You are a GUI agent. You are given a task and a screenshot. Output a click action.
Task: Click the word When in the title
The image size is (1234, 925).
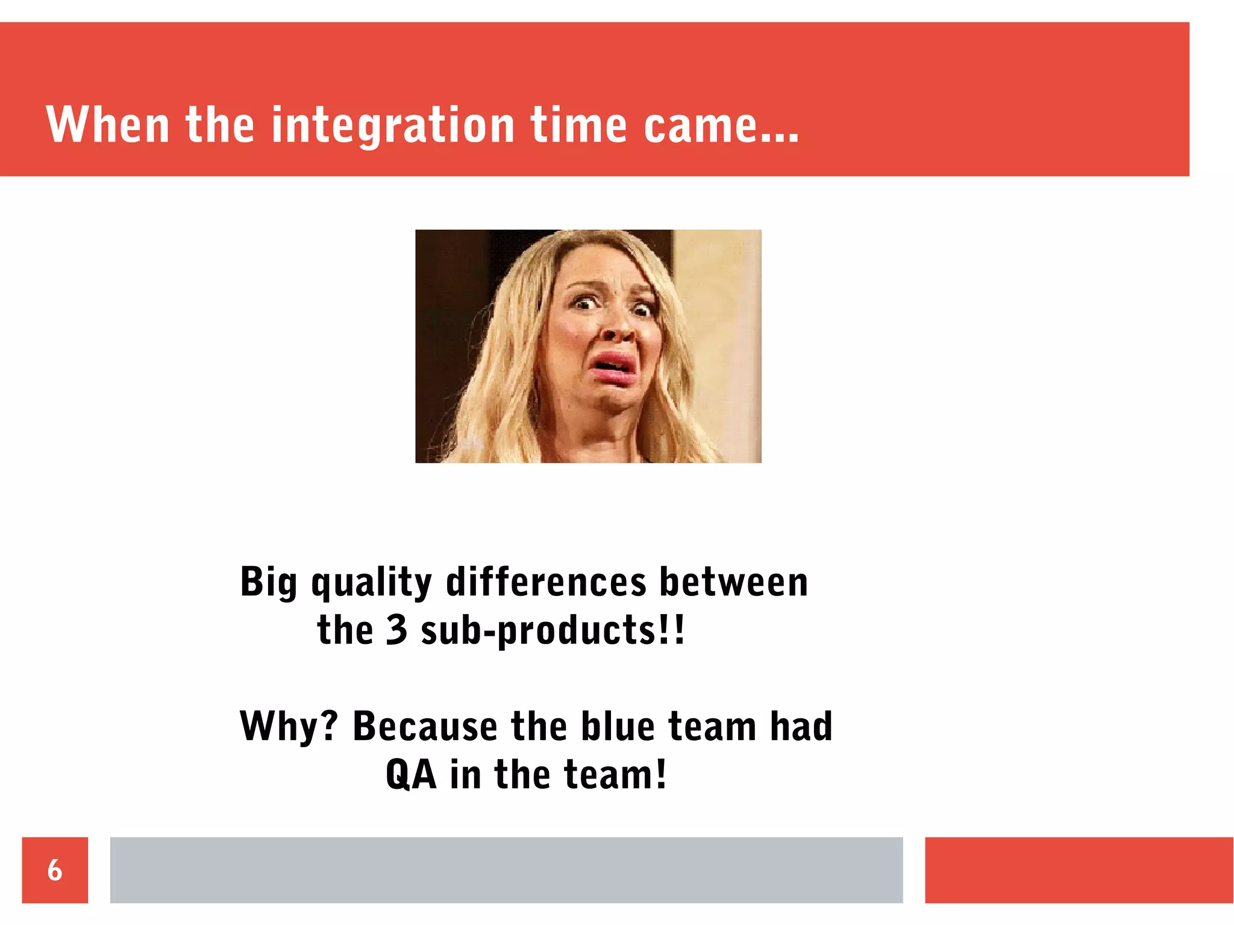107,125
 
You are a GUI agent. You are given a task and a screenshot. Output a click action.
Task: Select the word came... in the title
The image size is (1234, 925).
721,125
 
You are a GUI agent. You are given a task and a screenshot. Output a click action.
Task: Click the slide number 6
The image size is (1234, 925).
55,870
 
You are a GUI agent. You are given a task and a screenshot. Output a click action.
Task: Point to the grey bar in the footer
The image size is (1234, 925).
506,870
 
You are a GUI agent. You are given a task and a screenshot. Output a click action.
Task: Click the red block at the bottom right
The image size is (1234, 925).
1079,870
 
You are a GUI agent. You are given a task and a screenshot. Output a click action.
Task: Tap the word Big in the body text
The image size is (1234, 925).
269,582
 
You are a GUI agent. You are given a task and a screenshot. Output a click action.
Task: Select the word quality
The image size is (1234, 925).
372,582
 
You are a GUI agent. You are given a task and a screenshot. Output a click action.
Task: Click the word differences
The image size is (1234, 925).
546,582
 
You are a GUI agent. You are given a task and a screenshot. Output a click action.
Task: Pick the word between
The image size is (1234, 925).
733,582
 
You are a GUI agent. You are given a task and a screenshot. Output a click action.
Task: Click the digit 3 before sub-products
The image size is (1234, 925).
396,630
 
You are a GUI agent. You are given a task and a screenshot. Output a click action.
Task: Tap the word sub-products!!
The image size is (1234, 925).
553,631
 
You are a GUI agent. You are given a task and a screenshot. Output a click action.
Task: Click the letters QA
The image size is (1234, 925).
411,774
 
